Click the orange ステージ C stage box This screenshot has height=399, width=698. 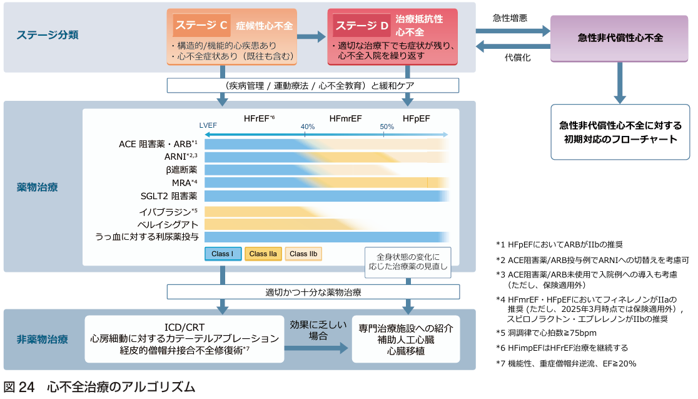coord(232,37)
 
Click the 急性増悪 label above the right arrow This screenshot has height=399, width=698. coord(510,18)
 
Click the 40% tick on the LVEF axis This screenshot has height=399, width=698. coord(308,127)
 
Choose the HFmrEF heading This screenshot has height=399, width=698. coord(346,118)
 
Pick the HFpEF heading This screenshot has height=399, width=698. coord(417,118)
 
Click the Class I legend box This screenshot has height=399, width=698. coord(223,254)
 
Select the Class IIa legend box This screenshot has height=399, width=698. coord(263,254)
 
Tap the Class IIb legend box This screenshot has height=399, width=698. coord(303,254)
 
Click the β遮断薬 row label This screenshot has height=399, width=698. coord(181,169)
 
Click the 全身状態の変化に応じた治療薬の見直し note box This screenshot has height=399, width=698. coord(408,262)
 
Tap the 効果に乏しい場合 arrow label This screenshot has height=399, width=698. coord(318,329)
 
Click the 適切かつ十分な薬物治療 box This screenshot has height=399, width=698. coord(313,292)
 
